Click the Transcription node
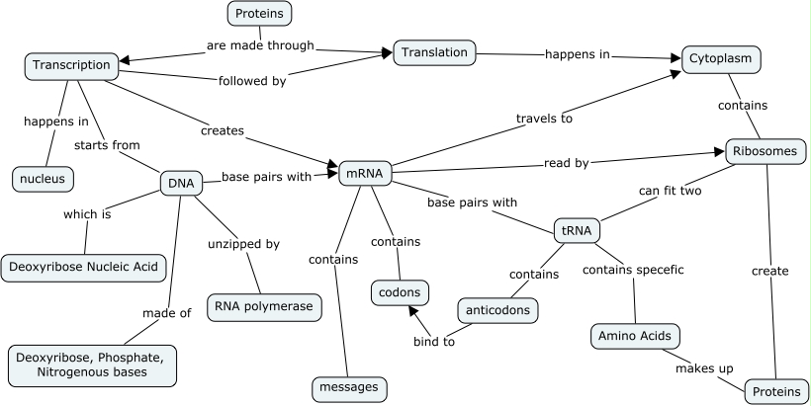click(x=71, y=65)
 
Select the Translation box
click(x=435, y=53)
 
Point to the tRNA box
click(x=577, y=231)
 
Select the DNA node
click(x=181, y=183)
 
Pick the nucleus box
click(x=44, y=179)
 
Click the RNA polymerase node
click(x=264, y=306)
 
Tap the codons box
click(x=400, y=292)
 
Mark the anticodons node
click(x=499, y=310)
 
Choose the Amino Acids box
click(x=635, y=336)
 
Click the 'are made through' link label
click(x=260, y=45)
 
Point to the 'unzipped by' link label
click(x=243, y=244)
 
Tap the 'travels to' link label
click(x=544, y=119)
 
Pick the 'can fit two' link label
click(x=670, y=191)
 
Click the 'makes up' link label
click(x=704, y=368)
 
